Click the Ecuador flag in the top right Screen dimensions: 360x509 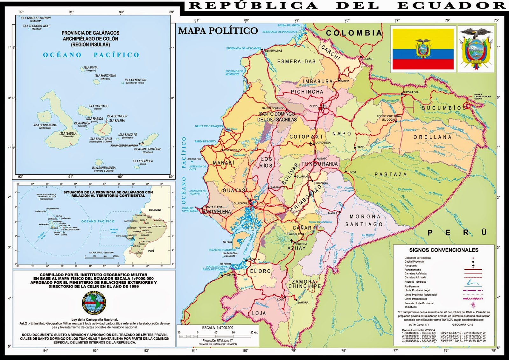[423, 49]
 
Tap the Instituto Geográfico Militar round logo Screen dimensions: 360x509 [94, 303]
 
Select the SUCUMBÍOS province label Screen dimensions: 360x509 [443, 108]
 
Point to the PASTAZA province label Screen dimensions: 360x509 [391, 174]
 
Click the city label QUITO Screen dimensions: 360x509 [313, 106]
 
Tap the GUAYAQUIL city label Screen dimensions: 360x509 [241, 203]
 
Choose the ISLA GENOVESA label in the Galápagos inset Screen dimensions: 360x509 [135, 80]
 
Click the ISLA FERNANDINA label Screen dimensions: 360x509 [45, 125]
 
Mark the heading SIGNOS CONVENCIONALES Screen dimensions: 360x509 [443, 250]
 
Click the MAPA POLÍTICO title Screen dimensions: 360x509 [218, 31]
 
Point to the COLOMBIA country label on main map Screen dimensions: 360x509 [353, 33]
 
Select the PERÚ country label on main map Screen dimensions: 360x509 [457, 233]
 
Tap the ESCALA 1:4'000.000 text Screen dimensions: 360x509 [218, 328]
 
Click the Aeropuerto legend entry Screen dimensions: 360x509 [411, 265]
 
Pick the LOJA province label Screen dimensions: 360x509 [259, 313]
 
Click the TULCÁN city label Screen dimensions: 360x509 [367, 59]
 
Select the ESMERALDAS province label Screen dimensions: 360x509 [296, 61]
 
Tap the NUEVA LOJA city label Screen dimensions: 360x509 [411, 92]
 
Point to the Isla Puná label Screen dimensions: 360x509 [227, 242]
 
